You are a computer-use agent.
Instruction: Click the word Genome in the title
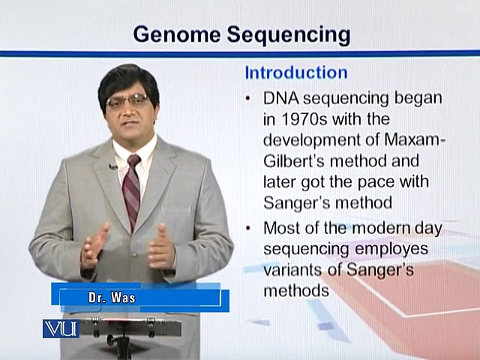(177, 35)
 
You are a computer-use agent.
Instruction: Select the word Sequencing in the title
(288, 36)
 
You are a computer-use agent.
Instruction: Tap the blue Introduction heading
(296, 73)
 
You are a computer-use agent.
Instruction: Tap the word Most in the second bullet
(281, 228)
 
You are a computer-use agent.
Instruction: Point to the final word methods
(296, 290)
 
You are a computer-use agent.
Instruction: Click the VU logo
(61, 329)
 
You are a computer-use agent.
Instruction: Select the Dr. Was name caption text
(112, 298)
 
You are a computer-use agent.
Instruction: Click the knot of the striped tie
(134, 160)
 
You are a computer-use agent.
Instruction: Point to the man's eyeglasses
(127, 101)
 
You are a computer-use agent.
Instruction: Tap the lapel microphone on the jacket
(113, 167)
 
